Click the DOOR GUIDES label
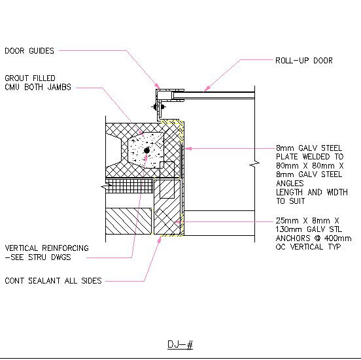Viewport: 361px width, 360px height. click(x=29, y=50)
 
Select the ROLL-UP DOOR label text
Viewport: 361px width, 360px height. click(x=304, y=61)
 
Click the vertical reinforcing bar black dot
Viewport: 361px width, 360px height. click(x=146, y=150)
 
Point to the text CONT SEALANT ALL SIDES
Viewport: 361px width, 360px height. click(x=53, y=281)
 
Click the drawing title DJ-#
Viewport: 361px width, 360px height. click(x=180, y=344)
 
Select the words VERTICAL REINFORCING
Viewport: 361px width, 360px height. click(x=46, y=248)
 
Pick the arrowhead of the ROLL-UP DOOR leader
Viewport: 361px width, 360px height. click(x=205, y=89)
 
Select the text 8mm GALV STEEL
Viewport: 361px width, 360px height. click(x=309, y=148)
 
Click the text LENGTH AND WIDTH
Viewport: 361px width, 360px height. click(x=309, y=192)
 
